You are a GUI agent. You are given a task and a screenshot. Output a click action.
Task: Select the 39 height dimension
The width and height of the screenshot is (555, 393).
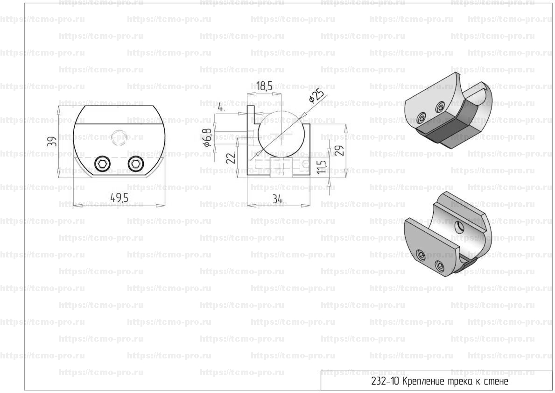pos(52,142)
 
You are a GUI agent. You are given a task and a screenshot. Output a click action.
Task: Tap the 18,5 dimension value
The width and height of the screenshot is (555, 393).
pos(264,86)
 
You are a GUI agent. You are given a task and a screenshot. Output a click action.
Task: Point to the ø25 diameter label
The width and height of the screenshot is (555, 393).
pos(316,96)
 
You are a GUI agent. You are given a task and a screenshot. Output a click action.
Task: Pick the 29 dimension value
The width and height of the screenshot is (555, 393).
pos(339,150)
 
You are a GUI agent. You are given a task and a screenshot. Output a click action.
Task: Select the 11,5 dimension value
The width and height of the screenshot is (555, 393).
pos(321,166)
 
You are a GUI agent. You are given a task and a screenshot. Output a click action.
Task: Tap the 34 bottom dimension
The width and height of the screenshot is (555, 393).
pos(279,200)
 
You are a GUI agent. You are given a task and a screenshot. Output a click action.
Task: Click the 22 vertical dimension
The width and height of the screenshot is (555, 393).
pos(231,157)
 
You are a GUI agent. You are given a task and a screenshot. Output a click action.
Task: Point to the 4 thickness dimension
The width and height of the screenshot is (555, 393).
pos(221,107)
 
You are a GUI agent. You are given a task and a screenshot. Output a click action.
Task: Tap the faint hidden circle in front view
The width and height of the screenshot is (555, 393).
pos(119,137)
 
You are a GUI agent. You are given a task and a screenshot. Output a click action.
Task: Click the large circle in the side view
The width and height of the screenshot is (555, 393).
pos(280,134)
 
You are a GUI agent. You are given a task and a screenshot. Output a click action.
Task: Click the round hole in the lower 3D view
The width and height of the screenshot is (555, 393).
pos(459,225)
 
